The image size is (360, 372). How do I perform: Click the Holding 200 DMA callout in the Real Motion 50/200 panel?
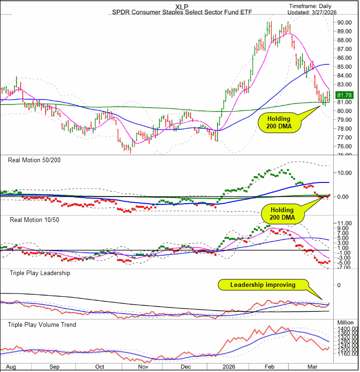coord(282,213)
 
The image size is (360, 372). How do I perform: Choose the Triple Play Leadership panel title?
coord(39,273)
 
